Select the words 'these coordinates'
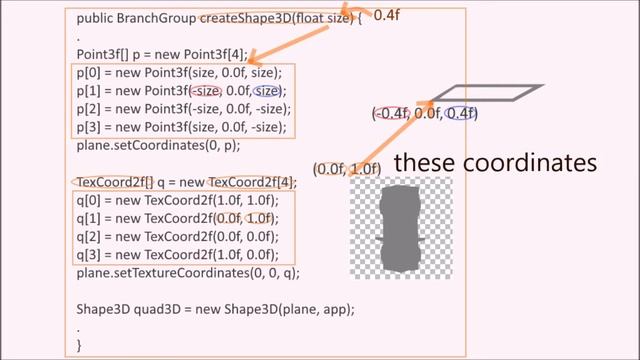pos(495,161)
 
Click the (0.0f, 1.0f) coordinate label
pos(347,168)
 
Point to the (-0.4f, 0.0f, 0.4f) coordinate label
pos(425,114)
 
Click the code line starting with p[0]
pos(180,73)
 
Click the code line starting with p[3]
pos(182,127)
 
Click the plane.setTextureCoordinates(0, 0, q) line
pos(188,272)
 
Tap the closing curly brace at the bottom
pos(80,345)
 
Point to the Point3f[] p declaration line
pos(157,55)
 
